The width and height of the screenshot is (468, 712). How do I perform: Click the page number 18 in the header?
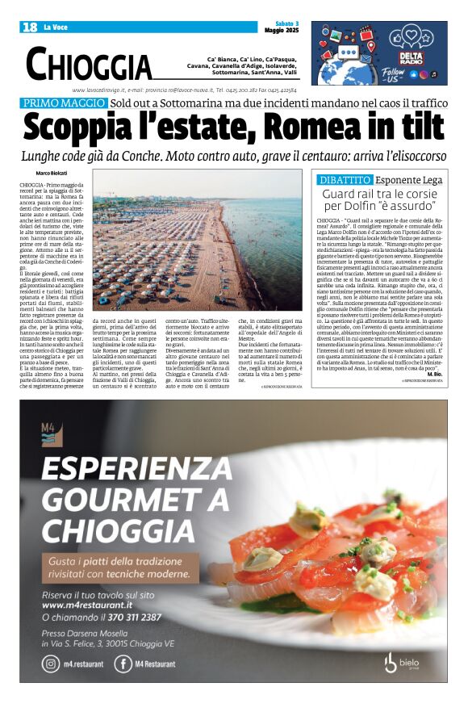[x=30, y=27]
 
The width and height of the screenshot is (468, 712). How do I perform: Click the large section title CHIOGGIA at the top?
[x=89, y=64]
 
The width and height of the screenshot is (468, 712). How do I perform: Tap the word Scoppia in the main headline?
[x=90, y=128]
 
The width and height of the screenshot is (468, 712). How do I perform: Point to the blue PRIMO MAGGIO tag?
[x=64, y=103]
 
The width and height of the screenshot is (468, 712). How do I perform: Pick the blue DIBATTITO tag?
[x=345, y=179]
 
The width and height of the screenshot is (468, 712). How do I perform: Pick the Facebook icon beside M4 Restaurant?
[x=123, y=664]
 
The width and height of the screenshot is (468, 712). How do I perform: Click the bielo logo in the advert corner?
[x=409, y=662]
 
